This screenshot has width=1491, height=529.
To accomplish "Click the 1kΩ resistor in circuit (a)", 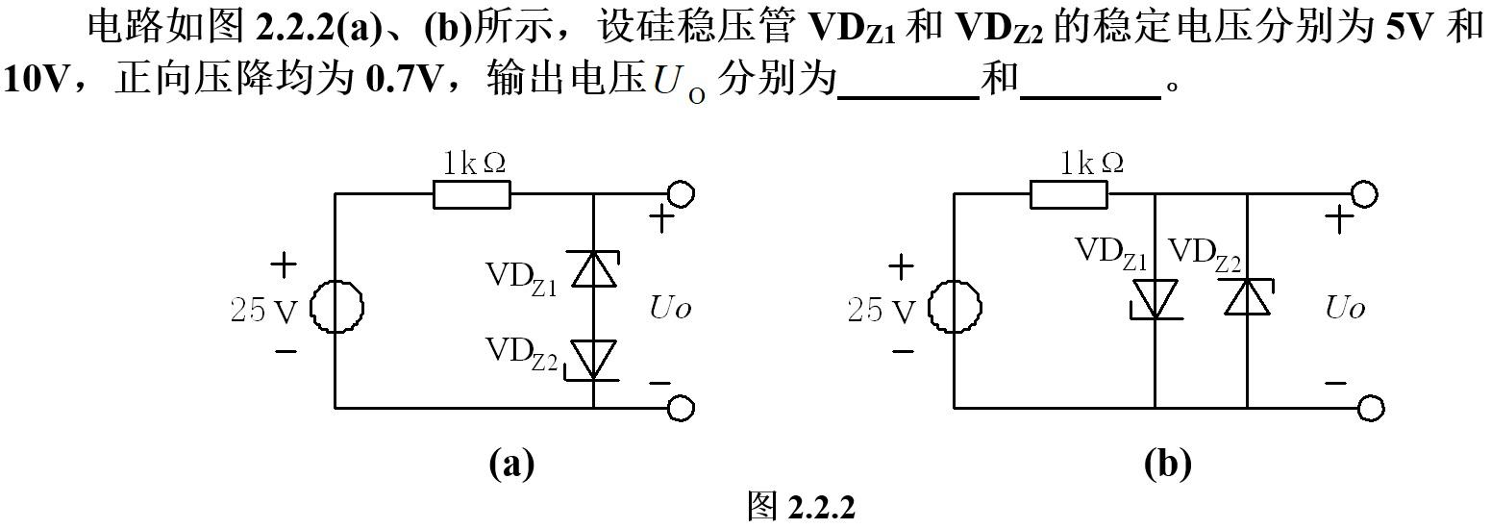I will click(471, 194).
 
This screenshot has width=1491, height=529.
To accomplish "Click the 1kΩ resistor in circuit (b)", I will click(1068, 194).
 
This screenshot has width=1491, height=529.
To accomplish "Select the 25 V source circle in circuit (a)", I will click(335, 308).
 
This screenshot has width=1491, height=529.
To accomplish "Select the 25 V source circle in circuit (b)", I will click(954, 308).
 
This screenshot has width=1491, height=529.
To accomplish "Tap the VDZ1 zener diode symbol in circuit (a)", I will click(593, 269).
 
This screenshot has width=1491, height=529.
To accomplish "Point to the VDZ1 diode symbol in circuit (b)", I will click(1154, 298).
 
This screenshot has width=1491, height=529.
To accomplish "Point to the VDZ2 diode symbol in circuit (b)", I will click(1247, 296).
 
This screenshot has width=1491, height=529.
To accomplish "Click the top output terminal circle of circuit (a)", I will click(681, 193).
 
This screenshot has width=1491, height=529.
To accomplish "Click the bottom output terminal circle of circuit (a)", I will click(681, 408).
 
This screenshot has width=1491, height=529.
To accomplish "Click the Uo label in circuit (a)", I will click(670, 309).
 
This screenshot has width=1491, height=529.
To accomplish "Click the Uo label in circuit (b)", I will click(1345, 309).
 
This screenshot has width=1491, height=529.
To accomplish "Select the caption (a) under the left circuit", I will click(510, 465).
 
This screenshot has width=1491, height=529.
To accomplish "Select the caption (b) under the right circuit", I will click(1167, 465).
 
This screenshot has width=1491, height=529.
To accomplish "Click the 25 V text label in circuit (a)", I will click(263, 310).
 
